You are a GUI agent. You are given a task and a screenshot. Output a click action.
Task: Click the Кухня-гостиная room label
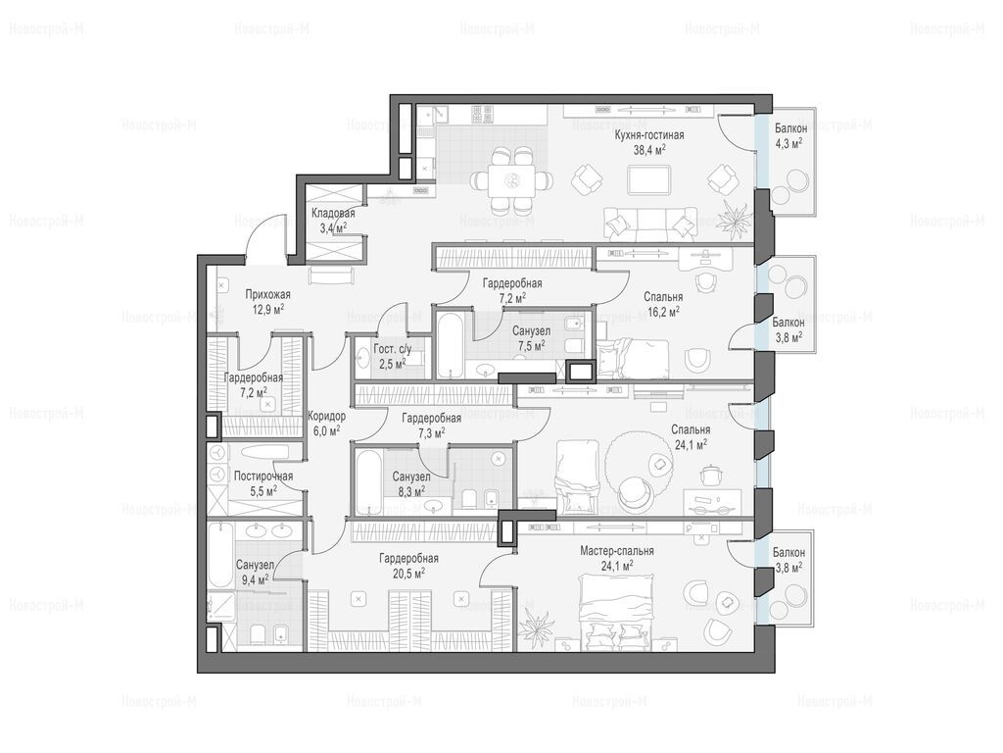(x=649, y=135)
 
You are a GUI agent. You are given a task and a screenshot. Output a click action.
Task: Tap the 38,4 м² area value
(x=649, y=150)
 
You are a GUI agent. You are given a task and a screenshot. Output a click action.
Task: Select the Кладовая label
(x=333, y=213)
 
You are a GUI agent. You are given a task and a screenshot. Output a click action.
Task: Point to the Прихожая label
(x=268, y=294)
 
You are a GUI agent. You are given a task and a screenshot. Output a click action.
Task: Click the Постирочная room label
(x=263, y=477)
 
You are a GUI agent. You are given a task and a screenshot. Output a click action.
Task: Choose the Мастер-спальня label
(x=617, y=551)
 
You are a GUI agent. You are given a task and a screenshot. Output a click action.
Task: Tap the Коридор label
(x=326, y=416)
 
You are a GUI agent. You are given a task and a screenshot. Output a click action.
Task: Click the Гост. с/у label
(x=392, y=350)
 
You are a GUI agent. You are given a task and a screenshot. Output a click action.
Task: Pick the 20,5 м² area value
(x=408, y=573)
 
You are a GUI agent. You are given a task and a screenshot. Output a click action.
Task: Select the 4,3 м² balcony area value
(x=788, y=143)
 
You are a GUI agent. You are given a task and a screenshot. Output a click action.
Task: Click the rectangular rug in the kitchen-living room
(x=648, y=180)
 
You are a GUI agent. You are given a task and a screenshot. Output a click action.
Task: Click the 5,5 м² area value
(x=263, y=491)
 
